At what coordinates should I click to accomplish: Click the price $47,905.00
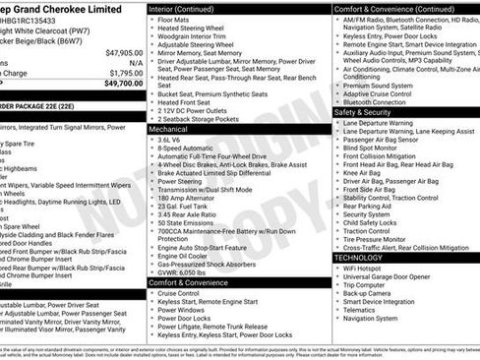click(124, 52)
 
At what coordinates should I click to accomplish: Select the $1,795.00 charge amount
click(126, 73)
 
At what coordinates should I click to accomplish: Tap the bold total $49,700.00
click(124, 85)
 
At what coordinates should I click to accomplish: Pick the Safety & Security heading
click(369, 113)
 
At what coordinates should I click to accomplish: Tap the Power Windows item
click(182, 310)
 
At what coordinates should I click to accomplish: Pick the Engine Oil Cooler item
click(187, 255)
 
